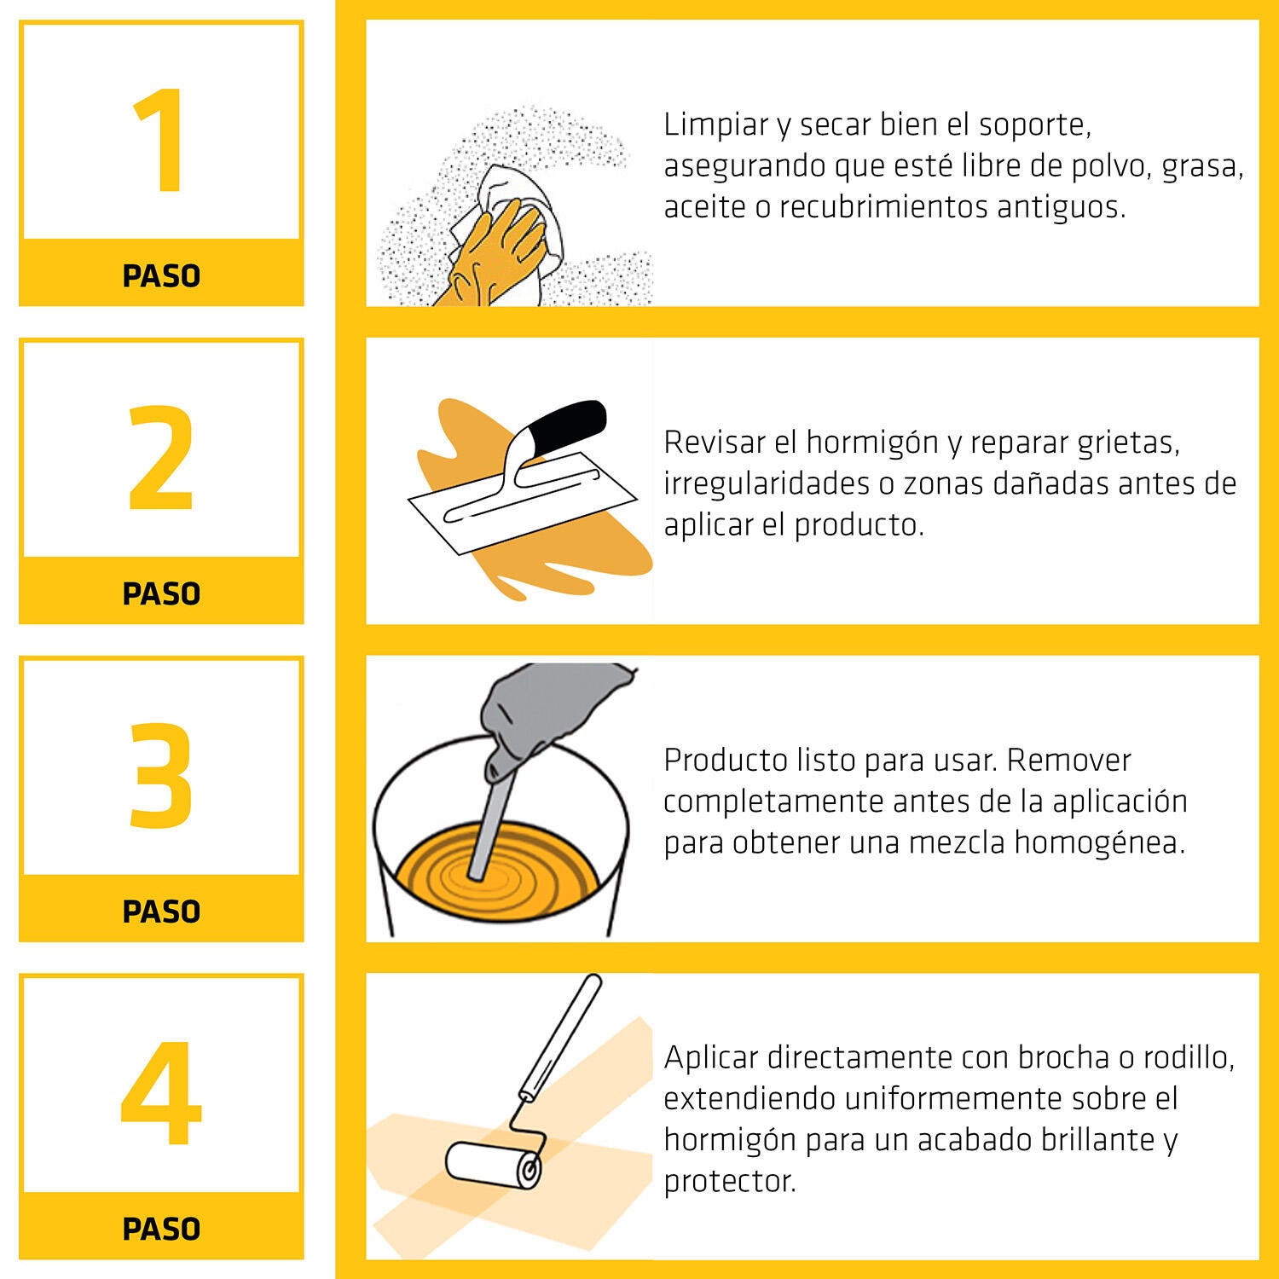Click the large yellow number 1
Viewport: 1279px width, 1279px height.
pos(161,142)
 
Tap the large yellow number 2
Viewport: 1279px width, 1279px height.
pos(161,458)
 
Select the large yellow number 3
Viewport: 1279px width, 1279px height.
pos(161,775)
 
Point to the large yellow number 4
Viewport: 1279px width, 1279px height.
pos(161,1093)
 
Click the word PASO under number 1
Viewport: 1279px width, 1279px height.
pos(161,276)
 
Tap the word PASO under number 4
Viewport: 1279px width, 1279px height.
pos(161,1229)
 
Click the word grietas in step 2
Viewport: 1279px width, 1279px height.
pos(1127,443)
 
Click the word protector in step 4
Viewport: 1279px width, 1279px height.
pos(729,1182)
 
